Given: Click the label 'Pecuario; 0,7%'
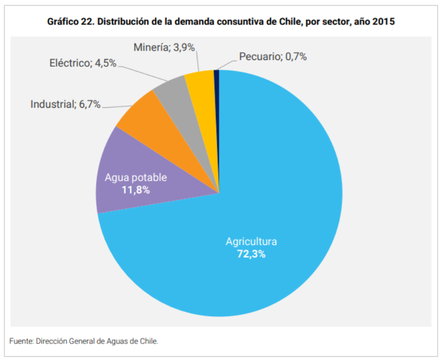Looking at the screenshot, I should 273,57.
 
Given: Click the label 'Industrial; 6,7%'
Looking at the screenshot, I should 65,104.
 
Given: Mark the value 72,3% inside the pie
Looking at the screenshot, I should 251,254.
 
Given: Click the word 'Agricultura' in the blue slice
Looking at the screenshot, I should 251,241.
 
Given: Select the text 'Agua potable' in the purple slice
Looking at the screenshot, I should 135,178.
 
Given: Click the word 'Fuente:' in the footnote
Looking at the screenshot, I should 21,341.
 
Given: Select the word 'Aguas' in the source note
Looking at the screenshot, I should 119,341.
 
